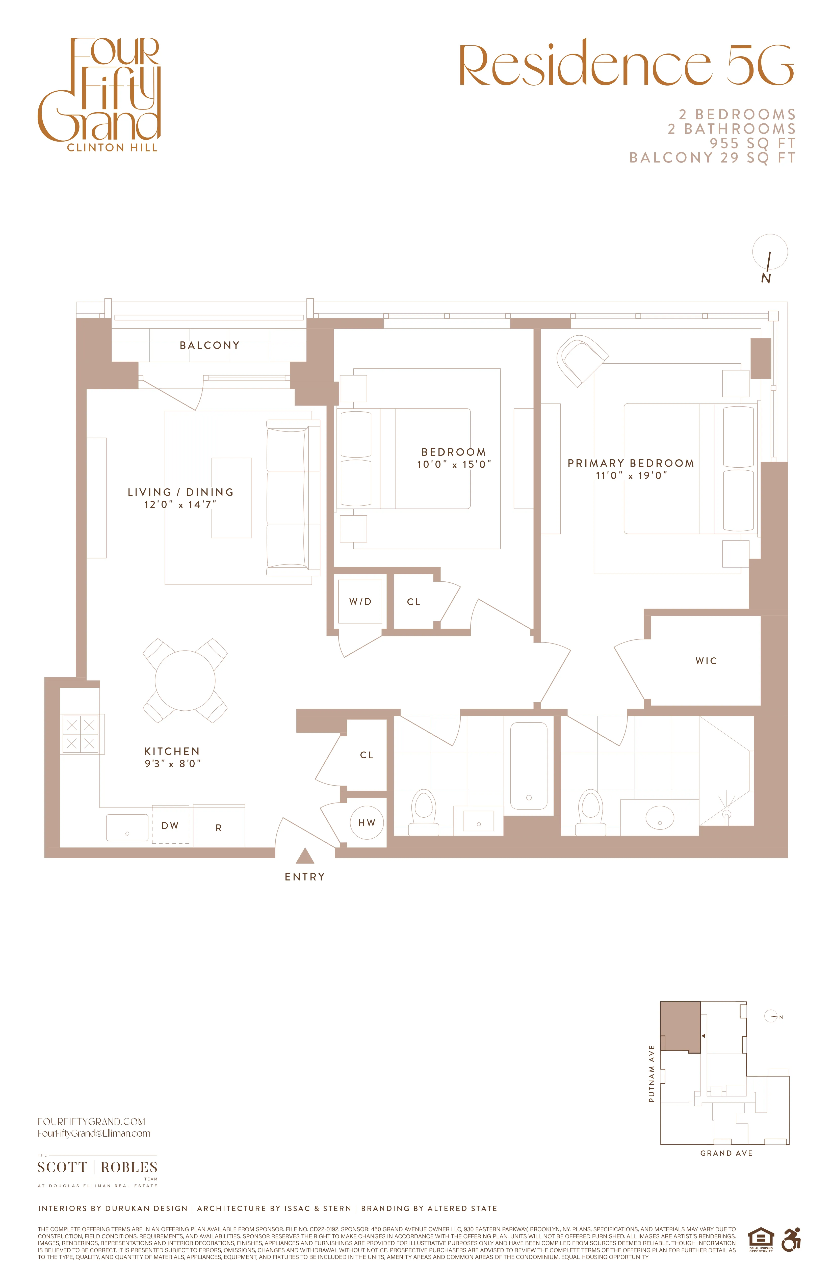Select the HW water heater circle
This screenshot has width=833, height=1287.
[x=367, y=822]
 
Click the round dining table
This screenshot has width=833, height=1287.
[x=185, y=680]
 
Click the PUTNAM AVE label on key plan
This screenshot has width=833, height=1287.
[x=652, y=1074]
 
